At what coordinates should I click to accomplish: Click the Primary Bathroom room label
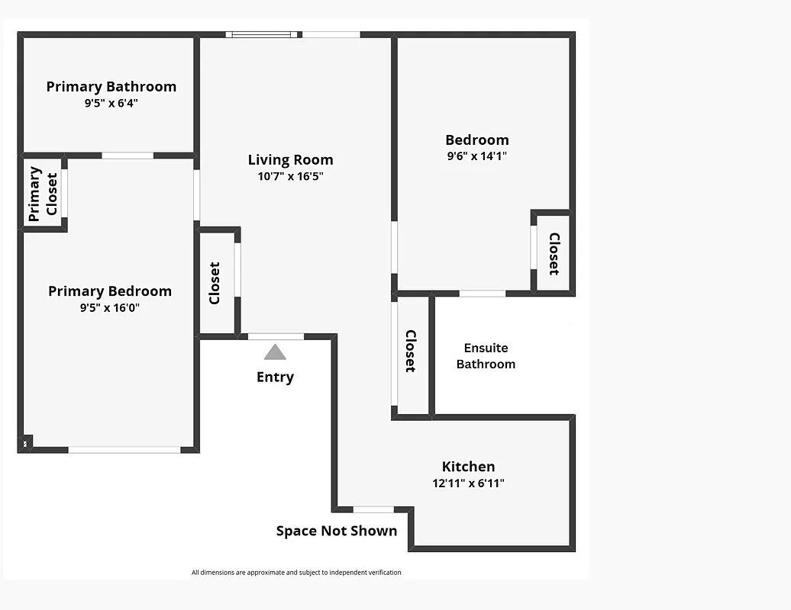pyautogui.click(x=111, y=87)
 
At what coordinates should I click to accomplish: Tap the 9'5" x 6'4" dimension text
pyautogui.click(x=111, y=104)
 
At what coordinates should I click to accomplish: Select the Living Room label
pyautogui.click(x=290, y=160)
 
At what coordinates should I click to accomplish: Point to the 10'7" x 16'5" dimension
pyautogui.click(x=290, y=177)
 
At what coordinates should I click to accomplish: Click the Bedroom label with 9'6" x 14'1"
pyautogui.click(x=476, y=140)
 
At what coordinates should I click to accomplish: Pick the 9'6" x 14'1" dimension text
pyautogui.click(x=476, y=156)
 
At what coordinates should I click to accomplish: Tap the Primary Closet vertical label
pyautogui.click(x=43, y=194)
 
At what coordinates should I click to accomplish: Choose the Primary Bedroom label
pyautogui.click(x=110, y=291)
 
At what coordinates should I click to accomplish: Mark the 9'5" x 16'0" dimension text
pyautogui.click(x=110, y=308)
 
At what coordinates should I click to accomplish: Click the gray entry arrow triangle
pyautogui.click(x=275, y=352)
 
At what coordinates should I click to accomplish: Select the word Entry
pyautogui.click(x=275, y=377)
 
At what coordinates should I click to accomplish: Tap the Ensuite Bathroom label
pyautogui.click(x=486, y=356)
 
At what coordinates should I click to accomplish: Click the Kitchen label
pyautogui.click(x=468, y=467)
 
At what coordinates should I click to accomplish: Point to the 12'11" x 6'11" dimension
pyautogui.click(x=468, y=483)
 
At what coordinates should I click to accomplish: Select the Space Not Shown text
pyautogui.click(x=337, y=531)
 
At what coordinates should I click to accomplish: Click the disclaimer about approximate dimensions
pyautogui.click(x=296, y=573)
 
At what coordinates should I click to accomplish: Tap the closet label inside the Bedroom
pyautogui.click(x=554, y=253)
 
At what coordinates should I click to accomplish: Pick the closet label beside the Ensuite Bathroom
pyautogui.click(x=410, y=351)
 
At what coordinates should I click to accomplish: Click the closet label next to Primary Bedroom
pyautogui.click(x=215, y=283)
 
